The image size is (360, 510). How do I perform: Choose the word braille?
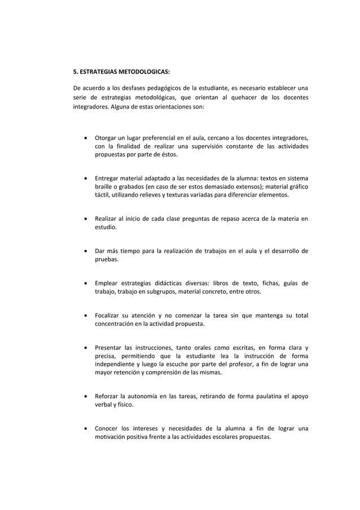(x=104, y=187)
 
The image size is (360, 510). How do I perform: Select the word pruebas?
(x=106, y=260)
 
